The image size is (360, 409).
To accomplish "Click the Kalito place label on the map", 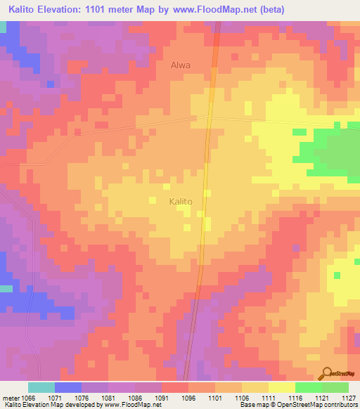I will [x=180, y=202].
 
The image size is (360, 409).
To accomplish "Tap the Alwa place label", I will [x=181, y=65].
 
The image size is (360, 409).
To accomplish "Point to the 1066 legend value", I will [x=27, y=396].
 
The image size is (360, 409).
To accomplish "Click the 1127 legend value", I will [x=349, y=396].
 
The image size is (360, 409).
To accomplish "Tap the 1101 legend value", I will [x=215, y=396].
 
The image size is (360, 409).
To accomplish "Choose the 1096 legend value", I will [x=188, y=396].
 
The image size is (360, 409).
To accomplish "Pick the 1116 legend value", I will [x=295, y=396].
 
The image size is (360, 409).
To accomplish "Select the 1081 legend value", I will [x=108, y=396].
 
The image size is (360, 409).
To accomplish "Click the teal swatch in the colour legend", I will [x=41, y=387].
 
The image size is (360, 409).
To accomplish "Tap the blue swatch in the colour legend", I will [x=67, y=387].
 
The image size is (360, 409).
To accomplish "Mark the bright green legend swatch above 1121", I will [x=308, y=387].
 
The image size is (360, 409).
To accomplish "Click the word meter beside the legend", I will [x=10, y=396].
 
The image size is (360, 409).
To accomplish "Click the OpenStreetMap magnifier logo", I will [x=326, y=374].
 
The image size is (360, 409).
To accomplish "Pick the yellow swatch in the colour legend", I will [x=281, y=387].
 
